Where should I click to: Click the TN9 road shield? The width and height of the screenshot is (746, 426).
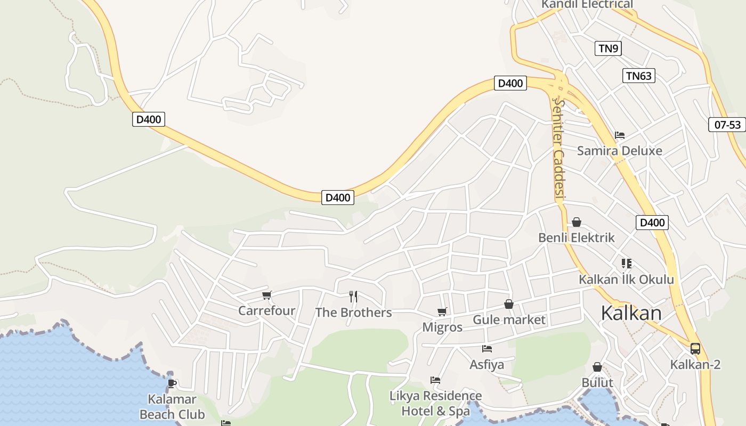tap(608, 48)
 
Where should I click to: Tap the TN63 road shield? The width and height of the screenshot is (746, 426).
tap(638, 76)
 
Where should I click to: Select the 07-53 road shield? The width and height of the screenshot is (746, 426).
tap(727, 125)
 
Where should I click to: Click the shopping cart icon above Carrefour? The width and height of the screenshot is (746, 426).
tap(267, 295)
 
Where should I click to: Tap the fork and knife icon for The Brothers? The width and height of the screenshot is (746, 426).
tap(353, 297)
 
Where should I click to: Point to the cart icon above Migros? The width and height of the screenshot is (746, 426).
tap(442, 312)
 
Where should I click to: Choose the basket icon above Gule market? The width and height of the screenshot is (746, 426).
tap(509, 304)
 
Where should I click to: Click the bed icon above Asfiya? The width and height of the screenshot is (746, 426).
tap(486, 349)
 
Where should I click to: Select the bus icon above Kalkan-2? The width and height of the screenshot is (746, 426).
tap(695, 349)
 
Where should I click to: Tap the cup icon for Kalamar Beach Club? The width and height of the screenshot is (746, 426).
tap(172, 383)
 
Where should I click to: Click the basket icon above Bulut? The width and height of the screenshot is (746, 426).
tap(597, 367)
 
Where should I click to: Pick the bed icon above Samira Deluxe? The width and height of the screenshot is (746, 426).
tap(619, 135)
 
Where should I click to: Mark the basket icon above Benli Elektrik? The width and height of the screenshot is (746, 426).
tap(576, 222)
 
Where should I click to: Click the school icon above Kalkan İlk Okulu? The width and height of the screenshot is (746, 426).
tap(626, 263)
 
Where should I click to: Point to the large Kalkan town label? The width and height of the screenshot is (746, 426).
tap(631, 313)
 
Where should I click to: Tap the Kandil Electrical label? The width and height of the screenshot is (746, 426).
tap(587, 5)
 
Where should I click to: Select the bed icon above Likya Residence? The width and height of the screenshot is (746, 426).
tap(435, 380)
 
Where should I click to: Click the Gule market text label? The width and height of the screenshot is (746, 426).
tap(509, 319)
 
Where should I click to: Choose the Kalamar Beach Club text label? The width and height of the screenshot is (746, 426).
tap(172, 407)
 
